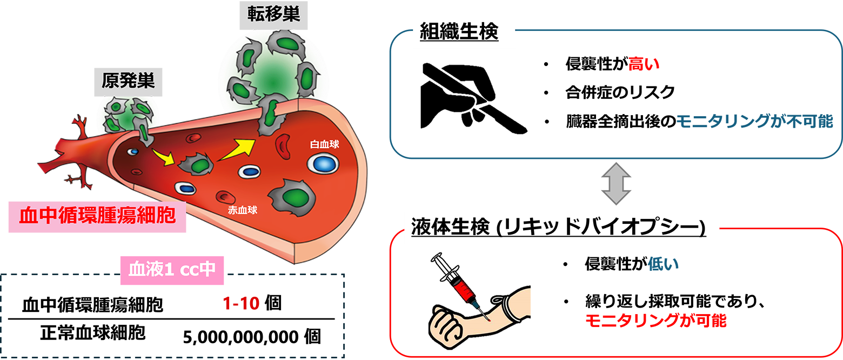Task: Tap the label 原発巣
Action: pos(128,81)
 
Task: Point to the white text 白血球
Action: pos(323,145)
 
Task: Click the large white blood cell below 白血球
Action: pos(323,163)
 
